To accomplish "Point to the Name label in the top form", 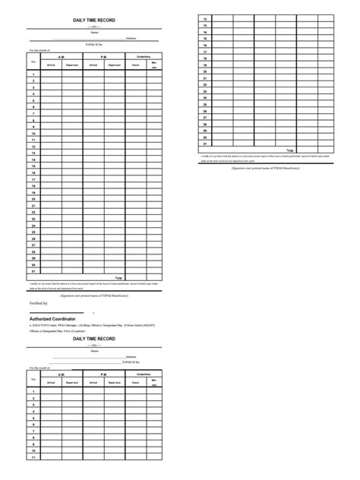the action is coord(95,32).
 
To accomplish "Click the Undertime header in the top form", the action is coord(144,56).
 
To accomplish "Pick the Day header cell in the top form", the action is coord(33,61).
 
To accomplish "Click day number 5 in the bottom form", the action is coord(33,418).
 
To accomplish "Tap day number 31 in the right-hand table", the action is coord(205,143).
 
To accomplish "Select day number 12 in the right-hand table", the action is coord(205,18).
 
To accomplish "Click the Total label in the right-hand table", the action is coord(289,150).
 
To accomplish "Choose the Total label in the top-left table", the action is coord(118,278).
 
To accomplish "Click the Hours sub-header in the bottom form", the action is coord(136,383).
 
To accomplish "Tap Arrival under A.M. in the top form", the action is coord(51,65).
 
